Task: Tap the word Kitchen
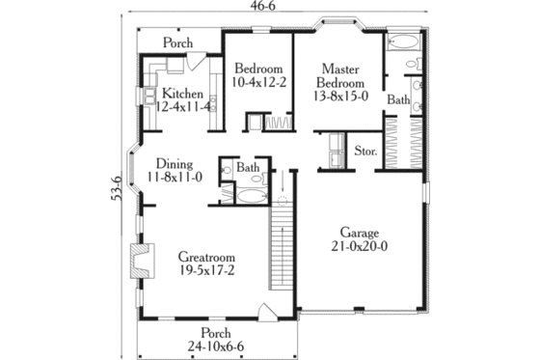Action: click(x=182, y=93)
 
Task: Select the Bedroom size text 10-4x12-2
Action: click(x=258, y=83)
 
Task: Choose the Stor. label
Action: click(x=364, y=151)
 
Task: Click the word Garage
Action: click(x=359, y=233)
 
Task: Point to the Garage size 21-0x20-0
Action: click(x=359, y=247)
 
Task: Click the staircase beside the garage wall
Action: click(x=280, y=256)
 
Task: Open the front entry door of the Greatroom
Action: click(x=266, y=313)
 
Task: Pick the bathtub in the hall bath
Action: click(x=252, y=196)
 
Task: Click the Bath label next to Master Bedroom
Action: click(x=397, y=99)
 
